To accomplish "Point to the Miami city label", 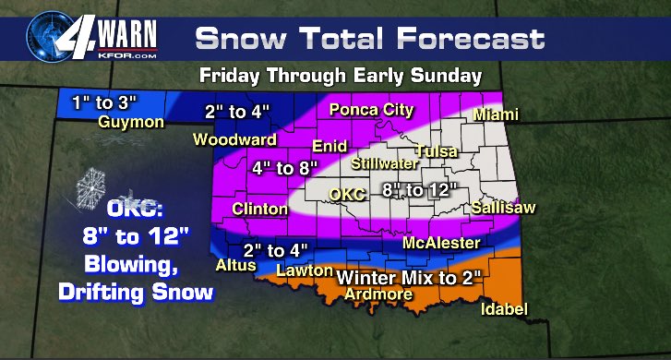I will tap(497, 114).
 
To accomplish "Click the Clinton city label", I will tap(260, 210).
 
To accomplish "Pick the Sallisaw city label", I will tap(502, 209).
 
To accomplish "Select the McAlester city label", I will tap(442, 244).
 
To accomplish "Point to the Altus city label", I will tap(232, 265).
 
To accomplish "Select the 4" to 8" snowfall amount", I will tap(285, 168).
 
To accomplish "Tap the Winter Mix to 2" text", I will tap(409, 277).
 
